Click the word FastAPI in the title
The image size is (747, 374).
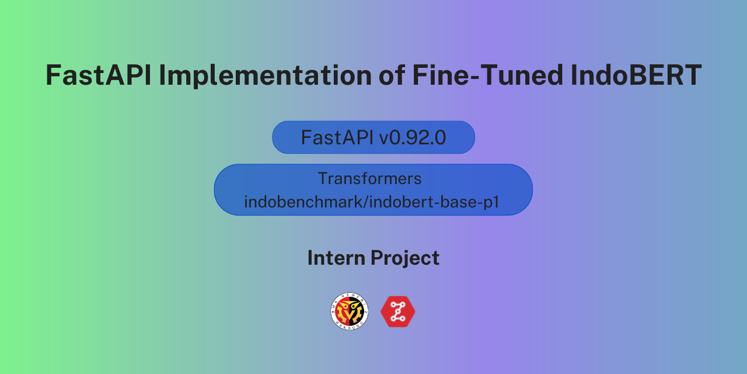coord(99,75)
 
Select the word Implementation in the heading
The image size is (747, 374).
coord(265,76)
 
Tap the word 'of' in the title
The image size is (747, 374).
coord(392,75)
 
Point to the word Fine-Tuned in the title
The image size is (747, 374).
coord(488,75)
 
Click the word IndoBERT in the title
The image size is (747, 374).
coord(636,75)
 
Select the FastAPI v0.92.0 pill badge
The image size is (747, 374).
coord(373,137)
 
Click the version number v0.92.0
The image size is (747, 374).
coord(413,137)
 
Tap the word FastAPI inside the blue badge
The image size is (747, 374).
coord(337,137)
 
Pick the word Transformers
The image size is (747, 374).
coord(369,178)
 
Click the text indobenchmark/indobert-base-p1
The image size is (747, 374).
coord(372,202)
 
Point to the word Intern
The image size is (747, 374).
coord(336,258)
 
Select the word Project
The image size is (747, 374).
coord(405,258)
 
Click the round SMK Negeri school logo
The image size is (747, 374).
coord(350,311)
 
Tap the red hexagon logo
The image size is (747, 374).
coord(398,311)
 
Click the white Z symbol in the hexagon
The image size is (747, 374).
coord(398,311)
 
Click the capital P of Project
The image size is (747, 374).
coord(376,258)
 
